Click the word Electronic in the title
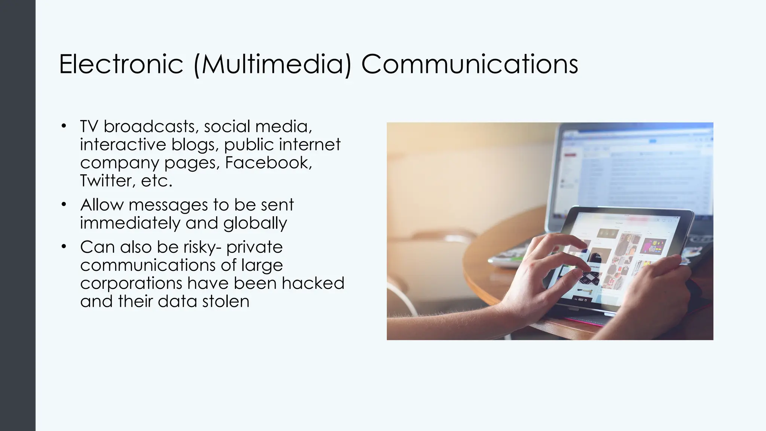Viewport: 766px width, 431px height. (121, 64)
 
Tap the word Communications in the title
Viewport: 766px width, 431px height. (469, 64)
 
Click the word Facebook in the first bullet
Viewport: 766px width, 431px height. (268, 163)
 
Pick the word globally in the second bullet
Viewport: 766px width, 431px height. (255, 223)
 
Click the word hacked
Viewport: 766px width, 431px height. (313, 283)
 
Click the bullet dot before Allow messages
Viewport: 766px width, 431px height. (64, 204)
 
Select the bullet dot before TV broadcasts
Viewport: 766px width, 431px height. (64, 126)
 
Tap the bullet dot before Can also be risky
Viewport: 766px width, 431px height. (64, 247)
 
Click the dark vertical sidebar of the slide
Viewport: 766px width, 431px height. (18, 215)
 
